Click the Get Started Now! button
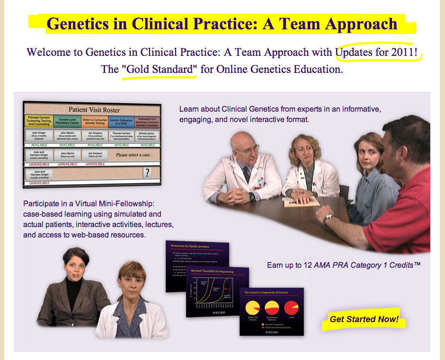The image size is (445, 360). (x=364, y=319)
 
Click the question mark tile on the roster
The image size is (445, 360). (x=147, y=173)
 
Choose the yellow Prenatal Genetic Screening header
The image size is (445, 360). (x=39, y=122)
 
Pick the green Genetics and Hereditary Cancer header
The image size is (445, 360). (x=67, y=122)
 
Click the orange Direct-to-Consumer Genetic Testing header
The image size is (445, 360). (x=95, y=122)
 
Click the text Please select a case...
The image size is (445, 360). (x=134, y=155)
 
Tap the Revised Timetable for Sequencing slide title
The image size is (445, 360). (x=212, y=271)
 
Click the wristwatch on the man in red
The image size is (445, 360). (x=328, y=219)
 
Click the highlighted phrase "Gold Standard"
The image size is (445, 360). (x=159, y=70)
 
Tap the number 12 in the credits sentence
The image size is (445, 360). (x=308, y=265)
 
